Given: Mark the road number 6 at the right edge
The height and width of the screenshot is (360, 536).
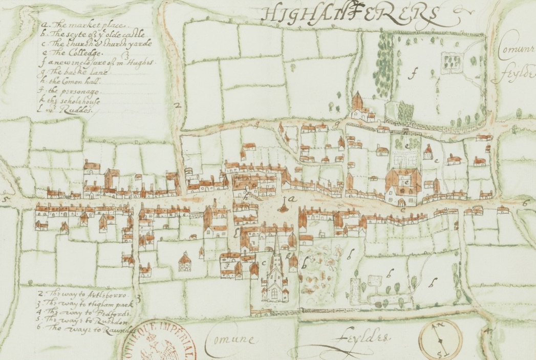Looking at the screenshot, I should point(524,203).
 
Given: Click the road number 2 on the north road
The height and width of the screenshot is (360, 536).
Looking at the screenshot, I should point(178,106).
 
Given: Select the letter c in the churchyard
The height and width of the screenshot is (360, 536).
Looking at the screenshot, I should point(264,263).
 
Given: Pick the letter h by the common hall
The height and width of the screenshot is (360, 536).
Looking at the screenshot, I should point(246,196).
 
